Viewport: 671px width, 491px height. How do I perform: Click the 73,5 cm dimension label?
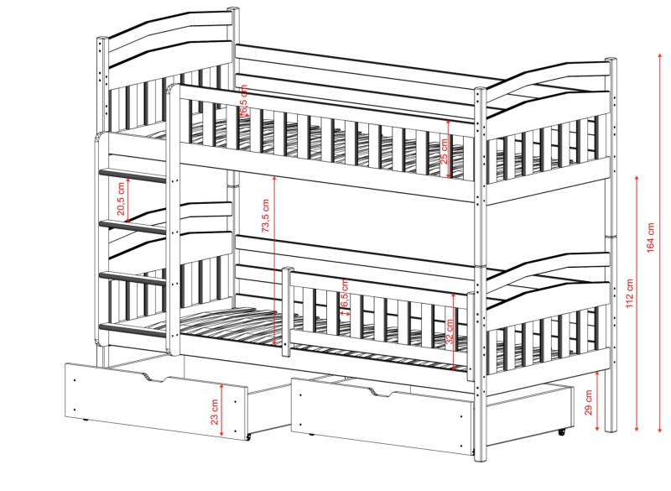265,217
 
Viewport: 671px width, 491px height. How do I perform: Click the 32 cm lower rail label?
450,334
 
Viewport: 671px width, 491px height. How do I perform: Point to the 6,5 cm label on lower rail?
345,298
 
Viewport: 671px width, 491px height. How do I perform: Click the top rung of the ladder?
135,175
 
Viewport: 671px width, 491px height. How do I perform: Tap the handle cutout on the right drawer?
382,394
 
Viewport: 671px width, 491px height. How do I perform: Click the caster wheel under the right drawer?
560,431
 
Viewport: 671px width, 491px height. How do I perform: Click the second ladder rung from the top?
134,225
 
